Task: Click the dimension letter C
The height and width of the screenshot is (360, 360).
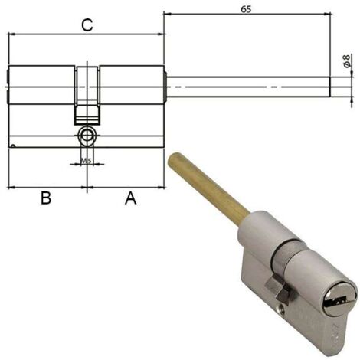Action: coord(87,25)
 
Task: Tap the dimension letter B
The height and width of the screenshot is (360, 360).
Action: coord(46,198)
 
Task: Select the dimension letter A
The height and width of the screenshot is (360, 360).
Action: coord(130,198)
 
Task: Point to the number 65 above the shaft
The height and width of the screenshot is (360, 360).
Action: coord(246,9)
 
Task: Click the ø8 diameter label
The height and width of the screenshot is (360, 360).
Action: coord(346,61)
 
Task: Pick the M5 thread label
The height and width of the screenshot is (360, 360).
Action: coord(87,161)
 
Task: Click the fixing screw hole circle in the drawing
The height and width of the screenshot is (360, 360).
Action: coord(87,136)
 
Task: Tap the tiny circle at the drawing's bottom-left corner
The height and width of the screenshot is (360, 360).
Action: coord(13,146)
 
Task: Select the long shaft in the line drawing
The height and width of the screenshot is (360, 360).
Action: coord(247,87)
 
